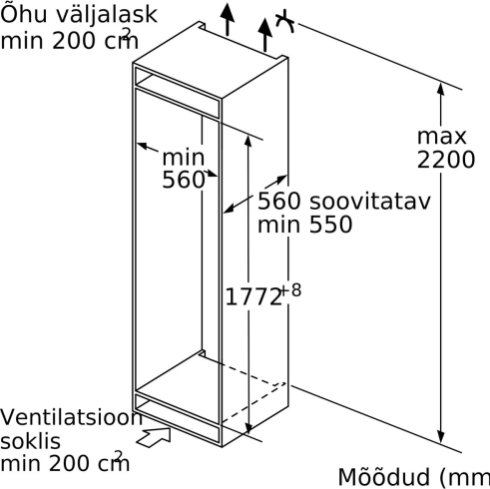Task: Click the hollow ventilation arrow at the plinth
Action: point(154,436)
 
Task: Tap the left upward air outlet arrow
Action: point(228,19)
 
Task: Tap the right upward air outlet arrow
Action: point(265,35)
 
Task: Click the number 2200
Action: point(445,160)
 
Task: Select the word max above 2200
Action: point(442,137)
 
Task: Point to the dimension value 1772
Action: point(253,296)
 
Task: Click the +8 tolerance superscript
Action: point(291,289)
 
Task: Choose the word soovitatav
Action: point(370,201)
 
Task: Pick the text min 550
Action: point(304,225)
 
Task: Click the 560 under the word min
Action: point(183,180)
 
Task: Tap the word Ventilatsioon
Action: point(71,417)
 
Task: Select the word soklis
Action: point(30,441)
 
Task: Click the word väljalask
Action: point(106,15)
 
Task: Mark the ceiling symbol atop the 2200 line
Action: point(285,23)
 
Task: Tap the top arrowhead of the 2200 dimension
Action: point(441,89)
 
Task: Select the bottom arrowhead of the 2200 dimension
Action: point(441,436)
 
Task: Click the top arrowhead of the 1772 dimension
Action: point(247,141)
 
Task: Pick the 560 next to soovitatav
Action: point(279,201)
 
